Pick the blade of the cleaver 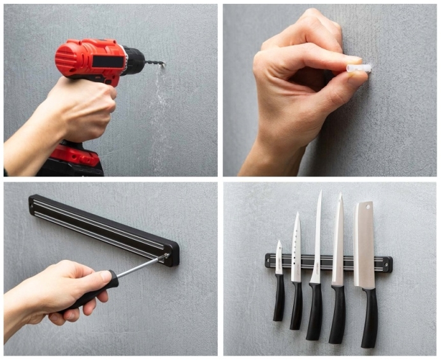[365, 245]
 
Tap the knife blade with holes [296, 248]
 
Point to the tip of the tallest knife [320, 192]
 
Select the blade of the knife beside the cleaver [338, 242]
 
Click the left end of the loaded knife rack [269, 261]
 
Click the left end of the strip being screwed [33, 205]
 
